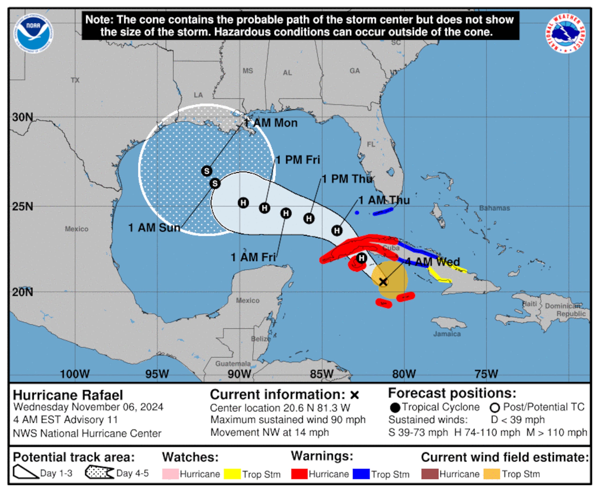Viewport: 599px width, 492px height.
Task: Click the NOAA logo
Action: (x=33, y=33)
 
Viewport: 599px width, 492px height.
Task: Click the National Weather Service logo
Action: (x=565, y=33)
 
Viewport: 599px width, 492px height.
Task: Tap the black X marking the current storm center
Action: (x=383, y=282)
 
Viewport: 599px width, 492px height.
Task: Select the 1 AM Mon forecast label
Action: (x=271, y=123)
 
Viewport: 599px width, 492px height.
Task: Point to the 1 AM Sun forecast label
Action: (x=154, y=228)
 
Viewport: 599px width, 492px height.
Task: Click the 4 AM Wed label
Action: (x=432, y=262)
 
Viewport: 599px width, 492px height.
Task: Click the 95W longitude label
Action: (x=157, y=374)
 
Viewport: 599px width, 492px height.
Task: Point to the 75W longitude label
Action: (x=486, y=374)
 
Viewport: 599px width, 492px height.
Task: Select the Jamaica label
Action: (x=447, y=334)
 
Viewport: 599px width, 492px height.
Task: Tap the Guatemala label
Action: (x=233, y=364)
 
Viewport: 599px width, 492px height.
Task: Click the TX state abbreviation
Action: (x=75, y=80)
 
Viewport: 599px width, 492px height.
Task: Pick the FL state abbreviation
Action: (x=371, y=144)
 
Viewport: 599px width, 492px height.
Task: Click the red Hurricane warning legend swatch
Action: (x=299, y=474)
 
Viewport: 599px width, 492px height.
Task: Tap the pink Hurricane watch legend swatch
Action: (x=170, y=474)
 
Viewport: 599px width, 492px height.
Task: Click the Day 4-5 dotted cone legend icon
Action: (x=99, y=472)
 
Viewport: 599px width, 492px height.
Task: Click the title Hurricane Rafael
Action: (x=68, y=395)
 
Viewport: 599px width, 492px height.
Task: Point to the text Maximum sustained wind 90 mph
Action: (x=288, y=419)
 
